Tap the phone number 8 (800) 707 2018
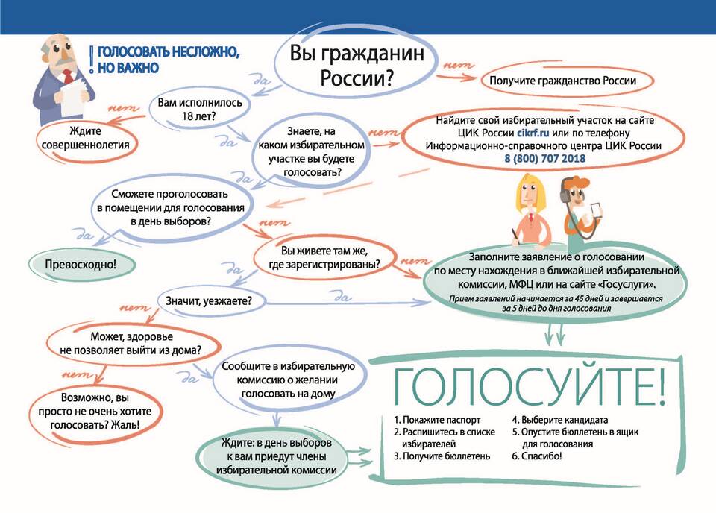544,159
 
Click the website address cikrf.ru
533,133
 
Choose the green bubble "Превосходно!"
81,265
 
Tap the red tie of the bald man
68,76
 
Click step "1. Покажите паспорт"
437,420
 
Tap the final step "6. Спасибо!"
537,456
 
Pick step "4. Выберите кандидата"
560,420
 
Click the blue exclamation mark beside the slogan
92,60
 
